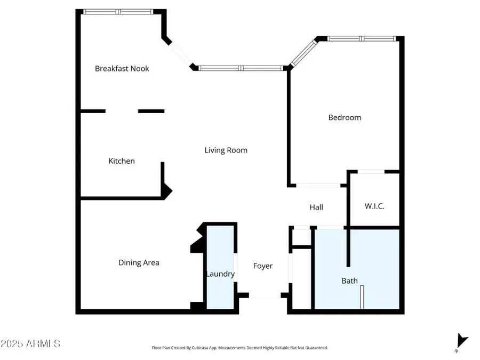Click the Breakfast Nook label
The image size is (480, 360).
[122, 69]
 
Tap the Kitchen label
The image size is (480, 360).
[122, 161]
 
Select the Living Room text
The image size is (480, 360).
[226, 150]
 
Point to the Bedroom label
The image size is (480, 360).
[345, 117]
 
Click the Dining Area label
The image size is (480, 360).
[139, 262]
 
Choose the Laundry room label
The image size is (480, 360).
[220, 274]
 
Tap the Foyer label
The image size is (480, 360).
[262, 266]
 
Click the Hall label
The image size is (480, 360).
[316, 207]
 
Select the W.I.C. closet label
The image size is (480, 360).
[374, 206]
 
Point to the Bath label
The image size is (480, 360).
[349, 281]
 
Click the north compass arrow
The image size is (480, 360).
[462, 341]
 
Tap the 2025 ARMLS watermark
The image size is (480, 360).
[30, 343]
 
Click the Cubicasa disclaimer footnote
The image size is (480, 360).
[239, 348]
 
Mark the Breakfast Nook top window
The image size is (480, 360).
[118, 12]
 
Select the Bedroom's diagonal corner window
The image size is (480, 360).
[303, 53]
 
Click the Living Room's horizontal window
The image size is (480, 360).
[241, 68]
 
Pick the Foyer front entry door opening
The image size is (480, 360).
[265, 295]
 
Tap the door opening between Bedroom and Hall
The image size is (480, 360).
[318, 186]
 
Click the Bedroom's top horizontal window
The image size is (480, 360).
[362, 38]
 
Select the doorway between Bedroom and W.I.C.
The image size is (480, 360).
[371, 172]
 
